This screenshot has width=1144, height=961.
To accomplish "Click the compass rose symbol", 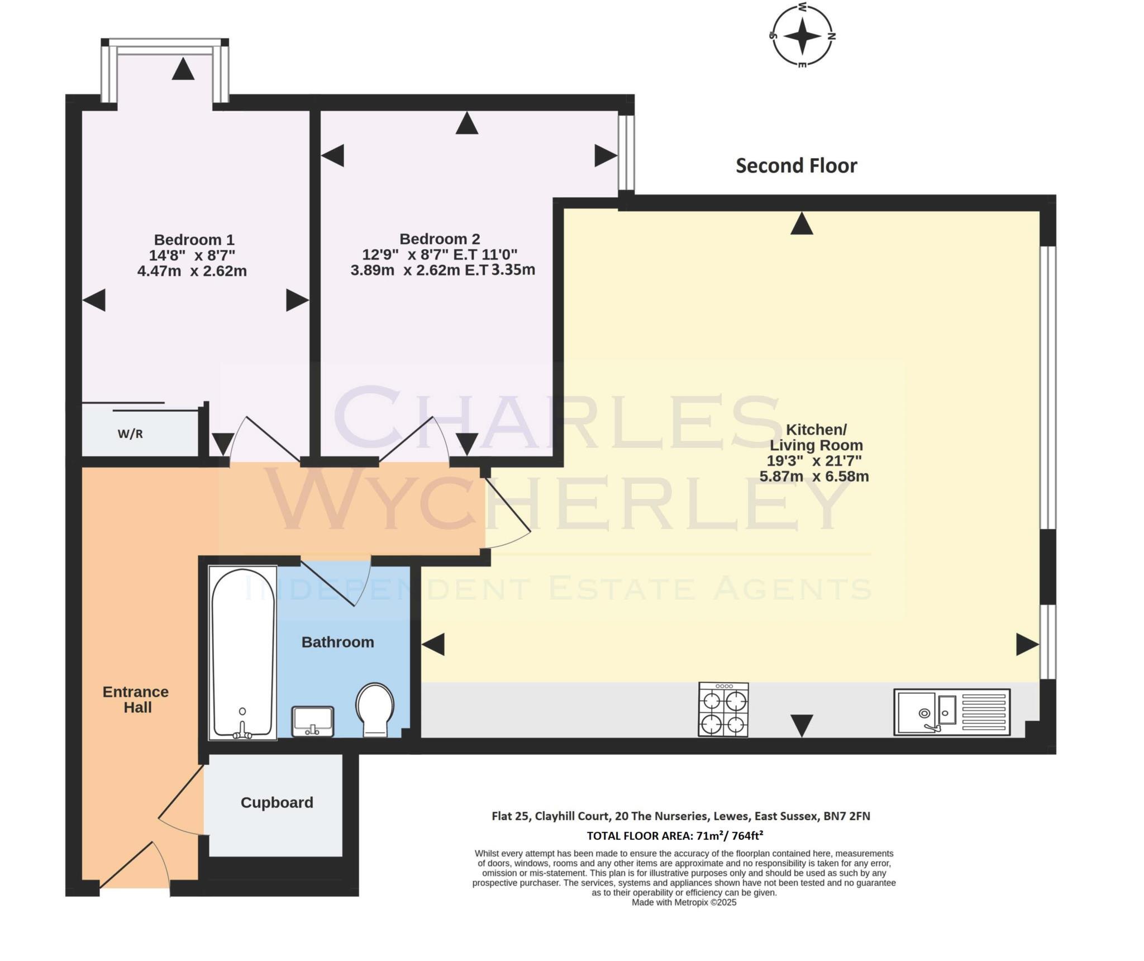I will [x=802, y=36].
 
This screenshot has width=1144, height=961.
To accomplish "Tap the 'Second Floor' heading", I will [x=796, y=165].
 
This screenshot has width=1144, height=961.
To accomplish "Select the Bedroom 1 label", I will [x=194, y=240].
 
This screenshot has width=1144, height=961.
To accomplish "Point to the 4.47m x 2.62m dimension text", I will [x=192, y=271].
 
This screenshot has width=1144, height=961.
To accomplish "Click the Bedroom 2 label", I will [x=440, y=239].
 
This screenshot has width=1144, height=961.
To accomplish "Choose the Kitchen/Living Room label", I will [x=816, y=437].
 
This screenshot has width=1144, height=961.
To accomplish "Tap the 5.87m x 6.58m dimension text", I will [x=814, y=477].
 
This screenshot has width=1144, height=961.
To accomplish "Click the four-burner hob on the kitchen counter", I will [x=723, y=710].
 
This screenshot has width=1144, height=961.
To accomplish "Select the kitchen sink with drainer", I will [x=952, y=712].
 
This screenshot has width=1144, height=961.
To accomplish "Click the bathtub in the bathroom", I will [x=243, y=653].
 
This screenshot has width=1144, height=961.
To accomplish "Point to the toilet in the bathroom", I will [x=375, y=710].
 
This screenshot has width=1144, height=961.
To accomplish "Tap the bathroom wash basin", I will [x=313, y=721].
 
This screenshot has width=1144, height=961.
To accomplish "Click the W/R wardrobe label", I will [x=130, y=434].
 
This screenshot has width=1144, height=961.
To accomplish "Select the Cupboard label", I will [x=277, y=802].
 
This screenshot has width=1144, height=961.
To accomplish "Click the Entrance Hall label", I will [x=136, y=700].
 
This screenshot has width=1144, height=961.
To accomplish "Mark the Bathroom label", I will [x=337, y=642].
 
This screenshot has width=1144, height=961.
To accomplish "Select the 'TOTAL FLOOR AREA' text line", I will [x=675, y=836].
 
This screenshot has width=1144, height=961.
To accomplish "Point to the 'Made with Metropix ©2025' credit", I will [x=684, y=902].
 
